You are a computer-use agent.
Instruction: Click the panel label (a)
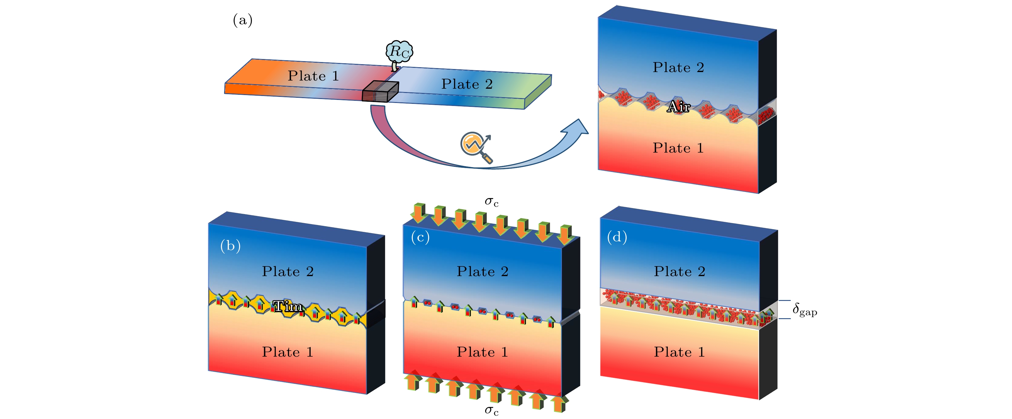click(242, 20)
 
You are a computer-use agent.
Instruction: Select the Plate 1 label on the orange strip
click(313, 76)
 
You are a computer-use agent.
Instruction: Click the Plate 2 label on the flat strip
click(467, 84)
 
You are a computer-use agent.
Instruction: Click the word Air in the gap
click(678, 107)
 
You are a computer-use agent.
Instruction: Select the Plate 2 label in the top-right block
click(678, 68)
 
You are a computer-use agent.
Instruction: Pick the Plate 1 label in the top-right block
click(678, 148)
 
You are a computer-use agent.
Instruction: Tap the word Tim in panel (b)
click(288, 306)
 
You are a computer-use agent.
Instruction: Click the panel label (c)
click(420, 237)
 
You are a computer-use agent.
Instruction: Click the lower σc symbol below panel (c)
click(491, 410)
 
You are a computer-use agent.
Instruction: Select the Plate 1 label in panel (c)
click(482, 352)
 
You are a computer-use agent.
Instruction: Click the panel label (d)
click(617, 237)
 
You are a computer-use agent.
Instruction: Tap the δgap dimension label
click(805, 310)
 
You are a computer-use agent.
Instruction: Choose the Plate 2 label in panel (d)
click(679, 272)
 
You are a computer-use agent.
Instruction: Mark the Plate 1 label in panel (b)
click(288, 352)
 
